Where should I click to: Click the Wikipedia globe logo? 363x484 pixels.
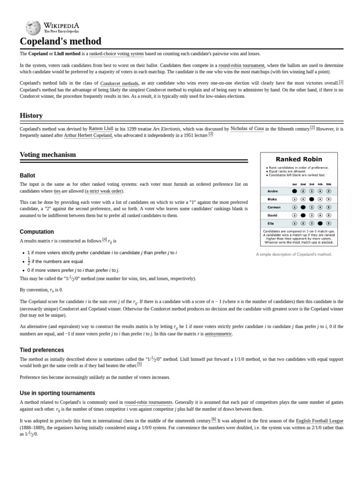click(33, 28)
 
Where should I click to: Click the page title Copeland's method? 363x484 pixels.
click(60, 42)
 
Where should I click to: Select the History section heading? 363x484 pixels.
click(31, 115)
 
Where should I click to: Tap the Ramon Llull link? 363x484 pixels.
click(101, 129)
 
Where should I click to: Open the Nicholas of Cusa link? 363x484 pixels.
click(247, 129)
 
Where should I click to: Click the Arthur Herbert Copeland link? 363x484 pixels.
click(88, 135)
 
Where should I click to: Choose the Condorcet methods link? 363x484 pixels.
click(119, 83)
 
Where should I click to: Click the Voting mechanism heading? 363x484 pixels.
click(48, 155)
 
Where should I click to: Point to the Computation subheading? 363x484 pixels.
click(37, 232)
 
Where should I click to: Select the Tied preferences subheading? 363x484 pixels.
click(42, 350)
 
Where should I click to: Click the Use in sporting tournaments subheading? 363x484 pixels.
click(57, 393)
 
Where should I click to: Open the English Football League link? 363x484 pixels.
click(320, 421)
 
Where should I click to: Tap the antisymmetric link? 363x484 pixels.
click(218, 334)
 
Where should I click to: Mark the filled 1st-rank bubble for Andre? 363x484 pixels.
click(294, 191)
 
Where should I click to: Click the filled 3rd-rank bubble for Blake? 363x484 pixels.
click(311, 199)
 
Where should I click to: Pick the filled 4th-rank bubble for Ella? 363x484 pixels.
click(320, 223)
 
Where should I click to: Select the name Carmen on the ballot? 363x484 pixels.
click(275, 207)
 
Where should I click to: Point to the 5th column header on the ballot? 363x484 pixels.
click(328, 184)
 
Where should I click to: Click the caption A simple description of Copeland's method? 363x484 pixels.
click(294, 254)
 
